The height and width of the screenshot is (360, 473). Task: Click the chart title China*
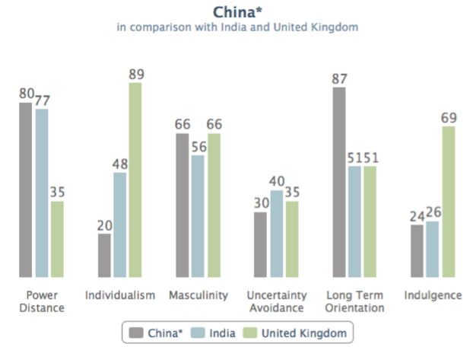tap(236, 11)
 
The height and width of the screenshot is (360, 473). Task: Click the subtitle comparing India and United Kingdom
tap(236, 27)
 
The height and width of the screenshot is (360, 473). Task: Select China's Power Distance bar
tap(26, 190)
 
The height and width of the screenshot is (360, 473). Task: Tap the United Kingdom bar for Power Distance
tap(57, 239)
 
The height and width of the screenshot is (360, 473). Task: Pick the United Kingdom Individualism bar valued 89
tap(135, 180)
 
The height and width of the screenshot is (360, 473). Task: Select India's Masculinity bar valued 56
tap(198, 216)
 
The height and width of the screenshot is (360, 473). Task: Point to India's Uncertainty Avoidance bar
tap(277, 234)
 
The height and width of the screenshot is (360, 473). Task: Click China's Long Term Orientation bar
tap(339, 182)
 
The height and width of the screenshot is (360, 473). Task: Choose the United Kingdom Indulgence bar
tap(449, 202)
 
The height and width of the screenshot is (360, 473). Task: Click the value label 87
tap(339, 78)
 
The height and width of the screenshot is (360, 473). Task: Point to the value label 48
tap(120, 163)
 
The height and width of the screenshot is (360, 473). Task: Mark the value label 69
tap(449, 117)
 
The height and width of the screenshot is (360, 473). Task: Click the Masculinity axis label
tap(198, 295)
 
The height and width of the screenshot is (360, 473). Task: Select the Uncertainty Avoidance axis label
tap(277, 301)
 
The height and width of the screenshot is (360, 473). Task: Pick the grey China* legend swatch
tap(137, 333)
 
